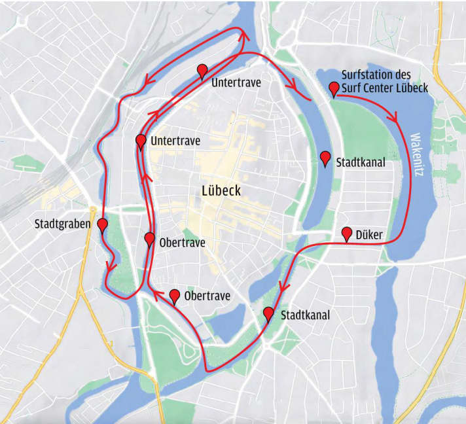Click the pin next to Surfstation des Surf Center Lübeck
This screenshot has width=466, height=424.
click(334, 88)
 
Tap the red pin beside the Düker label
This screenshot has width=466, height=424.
click(347, 233)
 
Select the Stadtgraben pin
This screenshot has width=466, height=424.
click(102, 225)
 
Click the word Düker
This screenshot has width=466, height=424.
click(370, 235)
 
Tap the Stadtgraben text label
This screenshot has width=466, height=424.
click(63, 225)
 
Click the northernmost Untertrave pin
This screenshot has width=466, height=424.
click(202, 71)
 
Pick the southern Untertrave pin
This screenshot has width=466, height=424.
click(141, 141)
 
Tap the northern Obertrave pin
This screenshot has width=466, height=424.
click(149, 239)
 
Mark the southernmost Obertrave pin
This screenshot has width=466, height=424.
click(175, 296)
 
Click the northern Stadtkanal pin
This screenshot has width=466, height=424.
click(325, 157)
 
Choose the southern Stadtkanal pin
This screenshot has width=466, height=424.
click(268, 313)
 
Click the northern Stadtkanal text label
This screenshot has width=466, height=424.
click(360, 162)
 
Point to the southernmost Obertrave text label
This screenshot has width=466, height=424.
click(207, 296)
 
